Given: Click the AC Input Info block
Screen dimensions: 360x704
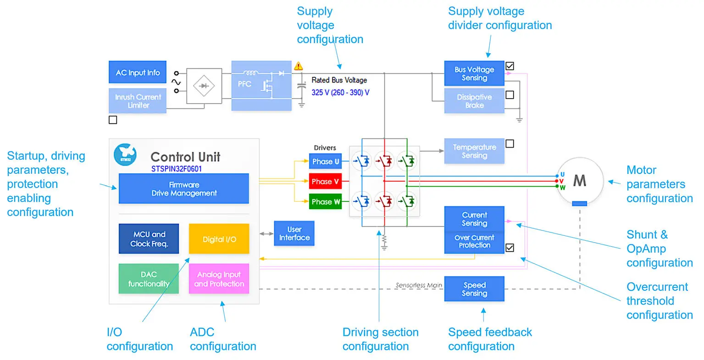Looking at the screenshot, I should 138,72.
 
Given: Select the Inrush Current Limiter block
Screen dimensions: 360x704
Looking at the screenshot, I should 138,101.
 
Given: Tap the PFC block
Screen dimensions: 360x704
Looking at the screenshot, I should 261,85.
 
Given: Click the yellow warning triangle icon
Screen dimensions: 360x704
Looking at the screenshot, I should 299,66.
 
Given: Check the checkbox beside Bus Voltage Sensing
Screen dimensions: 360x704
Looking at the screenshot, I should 510,66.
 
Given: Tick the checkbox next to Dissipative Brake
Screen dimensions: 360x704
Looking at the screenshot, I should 510,95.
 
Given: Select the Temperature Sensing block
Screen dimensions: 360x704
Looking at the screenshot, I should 474,151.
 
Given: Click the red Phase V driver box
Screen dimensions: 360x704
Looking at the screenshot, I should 325,182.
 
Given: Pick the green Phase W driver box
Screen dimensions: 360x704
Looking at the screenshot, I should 325,202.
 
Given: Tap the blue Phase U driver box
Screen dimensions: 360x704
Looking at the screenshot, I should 325,161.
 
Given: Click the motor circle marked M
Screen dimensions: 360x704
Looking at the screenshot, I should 579,180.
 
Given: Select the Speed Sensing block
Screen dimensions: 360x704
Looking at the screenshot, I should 474,289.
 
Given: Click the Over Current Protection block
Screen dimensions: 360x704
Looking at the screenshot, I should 474,242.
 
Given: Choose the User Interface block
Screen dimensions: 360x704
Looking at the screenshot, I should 294,233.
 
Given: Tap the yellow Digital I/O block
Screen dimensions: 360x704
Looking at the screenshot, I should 219,239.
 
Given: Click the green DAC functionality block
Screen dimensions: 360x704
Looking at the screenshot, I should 149,279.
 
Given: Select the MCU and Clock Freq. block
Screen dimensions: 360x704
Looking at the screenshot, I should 149,239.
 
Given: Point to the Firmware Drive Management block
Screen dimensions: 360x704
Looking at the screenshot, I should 183,188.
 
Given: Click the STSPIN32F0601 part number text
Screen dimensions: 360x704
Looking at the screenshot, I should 177,169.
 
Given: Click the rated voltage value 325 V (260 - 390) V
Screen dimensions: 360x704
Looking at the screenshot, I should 340,93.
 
